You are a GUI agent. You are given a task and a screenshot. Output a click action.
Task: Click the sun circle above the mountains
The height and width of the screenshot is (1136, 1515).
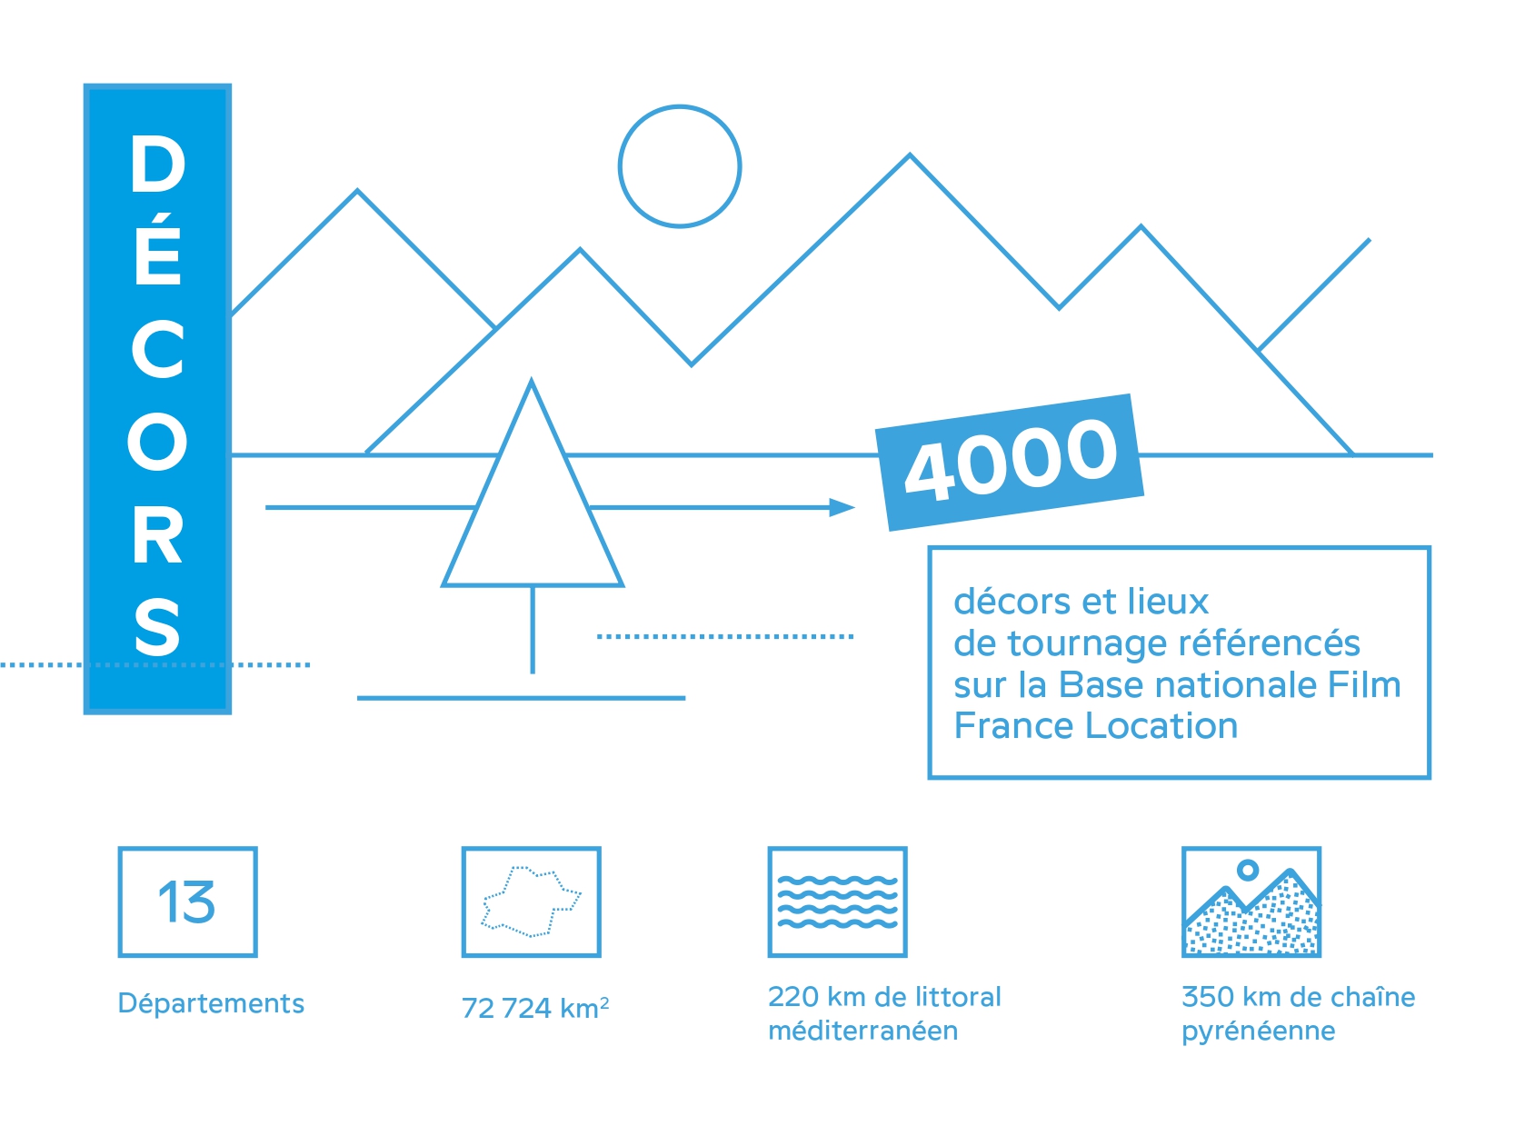pyautogui.click(x=680, y=107)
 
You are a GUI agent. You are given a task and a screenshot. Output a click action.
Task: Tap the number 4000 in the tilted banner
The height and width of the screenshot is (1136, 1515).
pyautogui.click(x=1012, y=460)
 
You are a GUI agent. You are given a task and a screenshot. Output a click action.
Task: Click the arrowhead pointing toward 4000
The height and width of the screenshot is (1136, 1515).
pyautogui.click(x=842, y=508)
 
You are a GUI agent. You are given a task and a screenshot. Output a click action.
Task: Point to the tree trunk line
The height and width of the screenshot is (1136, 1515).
pyautogui.click(x=533, y=630)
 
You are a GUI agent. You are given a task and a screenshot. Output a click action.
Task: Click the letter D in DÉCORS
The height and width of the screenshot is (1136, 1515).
pyautogui.click(x=158, y=164)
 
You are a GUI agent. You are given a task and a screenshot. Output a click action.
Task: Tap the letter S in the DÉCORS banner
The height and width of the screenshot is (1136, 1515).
pyautogui.click(x=157, y=627)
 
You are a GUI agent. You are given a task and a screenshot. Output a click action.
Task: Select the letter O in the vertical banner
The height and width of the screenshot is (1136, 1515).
pyautogui.click(x=157, y=442)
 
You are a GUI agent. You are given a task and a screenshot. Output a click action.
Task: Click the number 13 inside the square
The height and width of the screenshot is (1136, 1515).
pyautogui.click(x=187, y=902)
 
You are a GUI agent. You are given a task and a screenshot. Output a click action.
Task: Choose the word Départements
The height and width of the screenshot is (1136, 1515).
pyautogui.click(x=211, y=1003)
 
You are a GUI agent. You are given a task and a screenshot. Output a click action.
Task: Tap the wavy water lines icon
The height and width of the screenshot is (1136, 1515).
pyautogui.click(x=837, y=902)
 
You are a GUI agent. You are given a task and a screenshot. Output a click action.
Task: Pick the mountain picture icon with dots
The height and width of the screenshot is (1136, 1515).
pyautogui.click(x=1251, y=902)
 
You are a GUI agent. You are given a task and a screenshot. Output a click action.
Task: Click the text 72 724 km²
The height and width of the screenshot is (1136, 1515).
pyautogui.click(x=535, y=1008)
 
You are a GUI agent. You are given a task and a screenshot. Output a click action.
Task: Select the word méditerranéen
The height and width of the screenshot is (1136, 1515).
pyautogui.click(x=862, y=1031)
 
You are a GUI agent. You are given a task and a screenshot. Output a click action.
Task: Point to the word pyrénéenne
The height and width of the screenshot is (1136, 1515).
pyautogui.click(x=1258, y=1032)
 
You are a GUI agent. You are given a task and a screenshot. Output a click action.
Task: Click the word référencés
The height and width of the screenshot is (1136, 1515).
pyautogui.click(x=1269, y=643)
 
